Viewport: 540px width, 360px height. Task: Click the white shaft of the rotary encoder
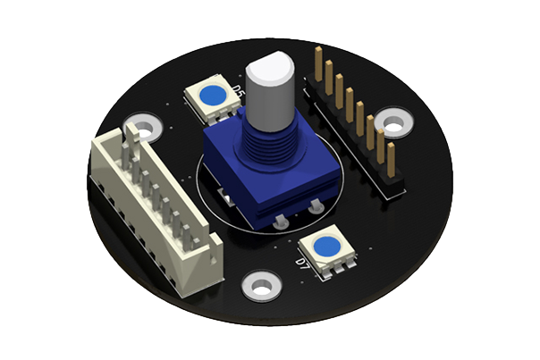click(269, 89)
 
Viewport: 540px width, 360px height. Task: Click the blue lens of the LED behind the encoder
click(212, 94)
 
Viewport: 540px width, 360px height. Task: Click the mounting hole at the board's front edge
click(260, 287)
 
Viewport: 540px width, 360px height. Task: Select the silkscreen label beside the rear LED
click(238, 91)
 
